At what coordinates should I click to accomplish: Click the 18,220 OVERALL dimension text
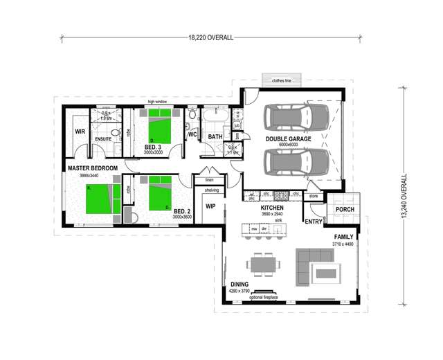click(x=210, y=39)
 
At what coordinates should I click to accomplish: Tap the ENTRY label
click(x=313, y=222)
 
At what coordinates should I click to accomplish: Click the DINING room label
click(x=239, y=284)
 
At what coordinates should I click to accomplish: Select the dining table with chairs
click(x=264, y=264)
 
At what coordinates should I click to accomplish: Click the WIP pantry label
click(x=211, y=206)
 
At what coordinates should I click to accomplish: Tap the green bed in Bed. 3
click(x=161, y=128)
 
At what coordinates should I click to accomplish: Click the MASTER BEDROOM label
click(x=93, y=168)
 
